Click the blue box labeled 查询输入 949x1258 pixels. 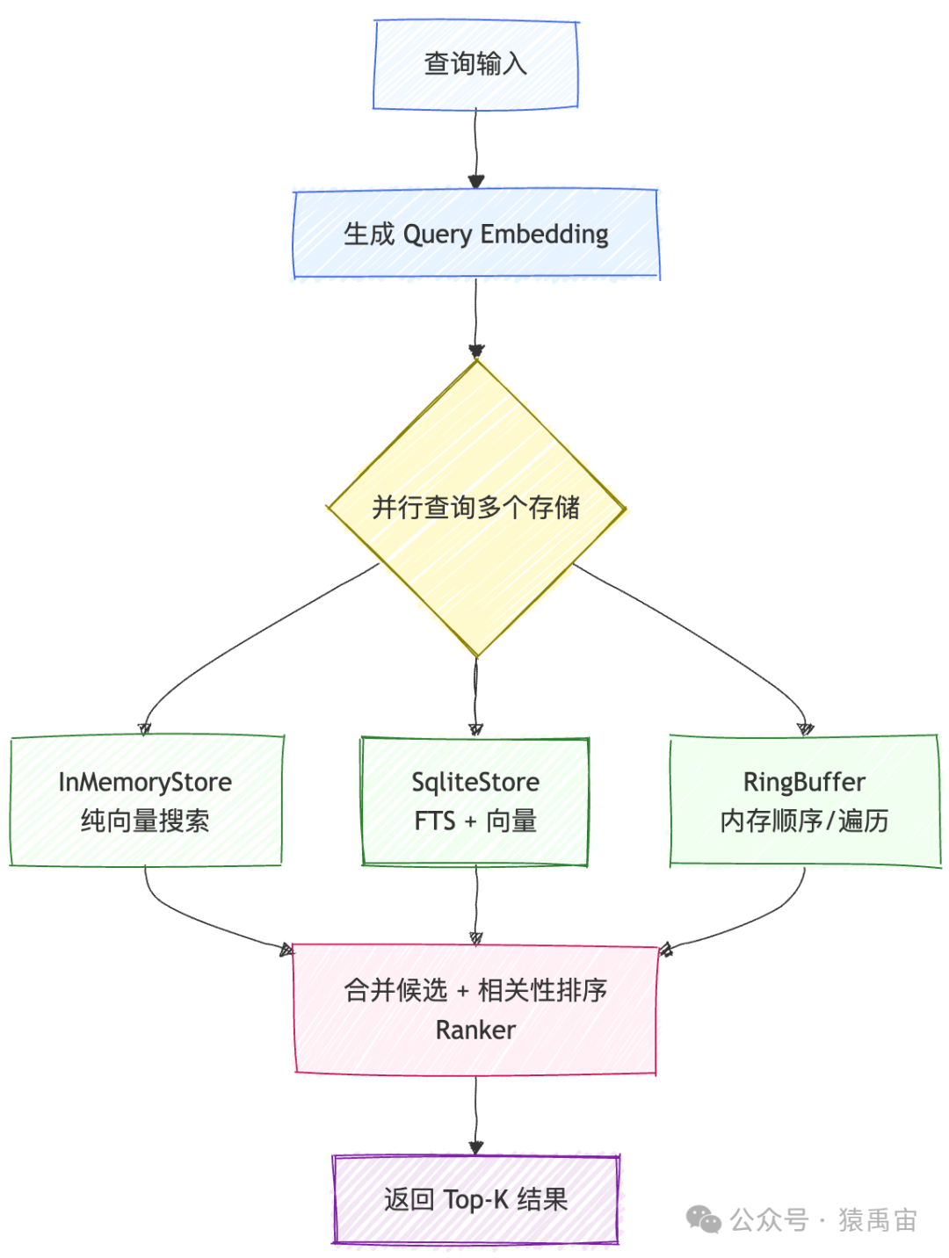[475, 65]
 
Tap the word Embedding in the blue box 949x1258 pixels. [544, 235]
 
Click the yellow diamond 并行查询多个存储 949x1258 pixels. [475, 508]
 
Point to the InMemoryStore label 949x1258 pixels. [145, 782]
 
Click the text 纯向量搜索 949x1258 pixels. [145, 821]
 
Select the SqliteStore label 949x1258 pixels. [475, 782]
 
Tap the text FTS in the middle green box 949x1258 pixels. [435, 821]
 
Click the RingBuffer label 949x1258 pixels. [804, 782]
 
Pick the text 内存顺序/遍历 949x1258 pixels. [804, 821]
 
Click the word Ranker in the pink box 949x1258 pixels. [475, 1030]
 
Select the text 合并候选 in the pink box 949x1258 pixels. [395, 991]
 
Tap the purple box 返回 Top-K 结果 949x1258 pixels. [475, 1199]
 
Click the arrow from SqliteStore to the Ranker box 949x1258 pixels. [475, 905]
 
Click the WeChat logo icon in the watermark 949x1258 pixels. [703, 1219]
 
